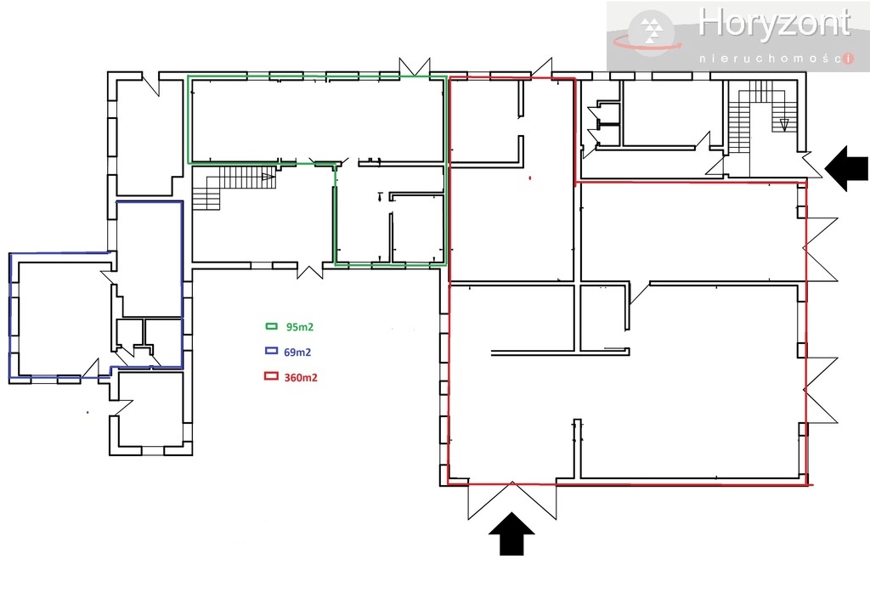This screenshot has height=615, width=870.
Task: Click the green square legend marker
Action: point(273,326)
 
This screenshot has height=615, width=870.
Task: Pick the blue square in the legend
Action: point(273,351)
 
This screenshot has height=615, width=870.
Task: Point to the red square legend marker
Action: point(273,376)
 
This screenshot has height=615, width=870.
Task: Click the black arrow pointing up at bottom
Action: point(511,536)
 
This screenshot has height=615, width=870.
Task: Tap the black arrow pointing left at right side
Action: point(849,166)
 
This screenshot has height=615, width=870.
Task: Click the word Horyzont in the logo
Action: point(773,25)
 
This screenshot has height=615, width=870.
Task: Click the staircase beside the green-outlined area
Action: point(229,183)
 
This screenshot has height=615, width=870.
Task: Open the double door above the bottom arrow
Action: point(512,499)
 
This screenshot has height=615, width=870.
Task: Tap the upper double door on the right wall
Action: point(822,249)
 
